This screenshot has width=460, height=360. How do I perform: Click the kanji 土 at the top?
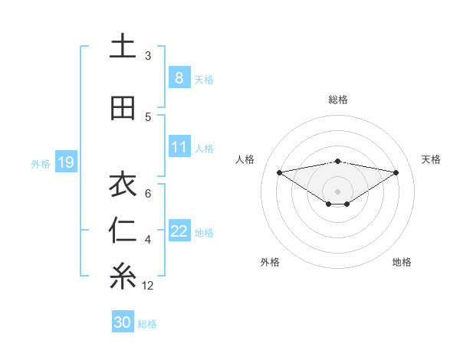point(123,46)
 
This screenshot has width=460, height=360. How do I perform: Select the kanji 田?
point(123,108)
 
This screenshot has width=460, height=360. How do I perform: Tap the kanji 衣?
point(123,185)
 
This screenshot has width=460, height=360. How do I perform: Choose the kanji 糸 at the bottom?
point(123,277)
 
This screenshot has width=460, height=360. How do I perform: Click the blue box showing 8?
point(179,77)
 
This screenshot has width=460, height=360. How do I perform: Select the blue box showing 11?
point(179,147)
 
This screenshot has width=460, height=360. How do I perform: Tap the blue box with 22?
point(179,231)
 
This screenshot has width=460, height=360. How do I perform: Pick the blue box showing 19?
point(65,162)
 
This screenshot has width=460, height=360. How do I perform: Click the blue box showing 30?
point(123,322)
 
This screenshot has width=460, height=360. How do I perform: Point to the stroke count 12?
point(148,286)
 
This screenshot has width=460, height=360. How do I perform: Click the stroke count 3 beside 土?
point(148,56)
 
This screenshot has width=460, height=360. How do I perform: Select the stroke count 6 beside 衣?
point(148,193)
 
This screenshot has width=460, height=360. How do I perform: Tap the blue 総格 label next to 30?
point(148,324)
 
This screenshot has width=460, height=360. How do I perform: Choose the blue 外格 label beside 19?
point(41,163)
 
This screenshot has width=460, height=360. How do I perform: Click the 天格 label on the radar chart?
point(432,159)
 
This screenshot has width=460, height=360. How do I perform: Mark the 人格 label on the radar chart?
point(246,159)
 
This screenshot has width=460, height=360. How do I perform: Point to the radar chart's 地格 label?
point(402,262)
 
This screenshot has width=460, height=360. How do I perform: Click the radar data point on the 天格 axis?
point(396,172)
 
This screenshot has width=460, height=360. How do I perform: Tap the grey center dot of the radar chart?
point(337,191)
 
